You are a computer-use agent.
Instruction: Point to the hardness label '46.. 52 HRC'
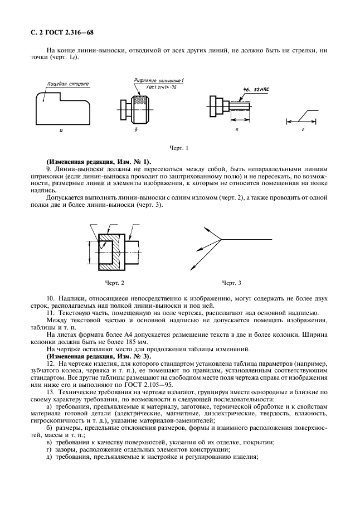pos(255,89)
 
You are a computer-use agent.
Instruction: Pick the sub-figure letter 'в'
pos(237,129)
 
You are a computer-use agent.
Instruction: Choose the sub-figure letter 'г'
pos(302,129)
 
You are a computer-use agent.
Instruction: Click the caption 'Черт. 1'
pos(179,148)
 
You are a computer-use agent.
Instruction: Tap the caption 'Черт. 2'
pos(115,283)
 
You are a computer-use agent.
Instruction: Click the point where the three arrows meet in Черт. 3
pos(222,240)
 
